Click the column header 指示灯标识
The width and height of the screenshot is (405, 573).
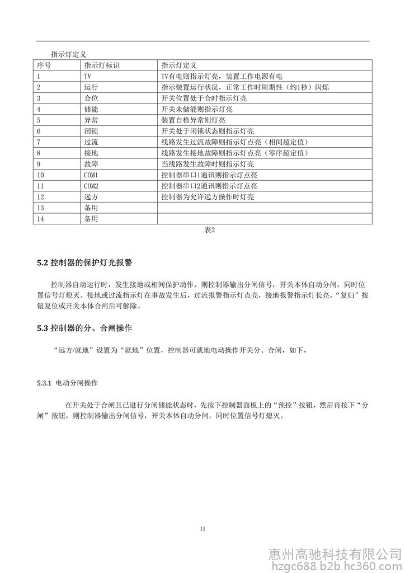point(101,65)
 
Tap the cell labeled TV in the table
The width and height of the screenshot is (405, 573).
point(87,76)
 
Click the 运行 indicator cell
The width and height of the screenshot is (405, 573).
point(91,87)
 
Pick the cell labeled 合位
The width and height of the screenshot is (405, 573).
point(91,98)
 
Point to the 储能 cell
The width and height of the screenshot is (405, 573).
point(91,109)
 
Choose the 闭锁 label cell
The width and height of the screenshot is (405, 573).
point(91,131)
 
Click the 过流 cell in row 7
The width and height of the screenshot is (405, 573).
point(91,142)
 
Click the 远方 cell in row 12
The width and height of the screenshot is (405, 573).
point(91,197)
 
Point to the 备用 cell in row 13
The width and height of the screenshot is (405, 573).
point(91,208)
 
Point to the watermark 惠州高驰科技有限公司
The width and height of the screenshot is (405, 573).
point(336,554)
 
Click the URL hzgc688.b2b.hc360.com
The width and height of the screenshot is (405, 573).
point(336,566)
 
